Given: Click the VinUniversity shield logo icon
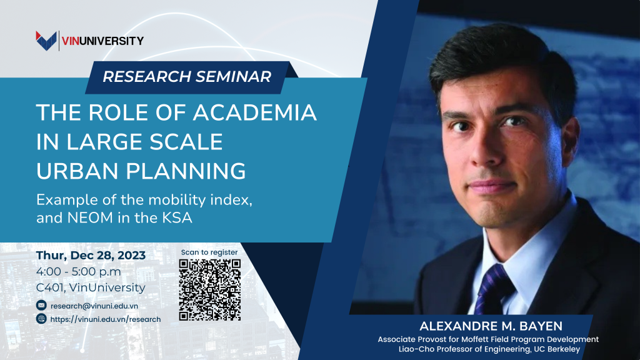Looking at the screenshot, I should coord(47,41).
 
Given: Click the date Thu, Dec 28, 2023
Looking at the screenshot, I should coord(91,256).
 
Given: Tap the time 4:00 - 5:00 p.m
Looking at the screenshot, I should coord(79,271).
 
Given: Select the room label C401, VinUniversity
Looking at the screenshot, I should coord(91,287).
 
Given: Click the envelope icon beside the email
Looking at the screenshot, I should coord(42,306).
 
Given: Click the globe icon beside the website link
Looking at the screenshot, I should coord(42,319).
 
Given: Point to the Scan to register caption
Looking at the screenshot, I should coord(209,252).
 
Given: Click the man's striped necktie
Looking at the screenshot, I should coord(491,287).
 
